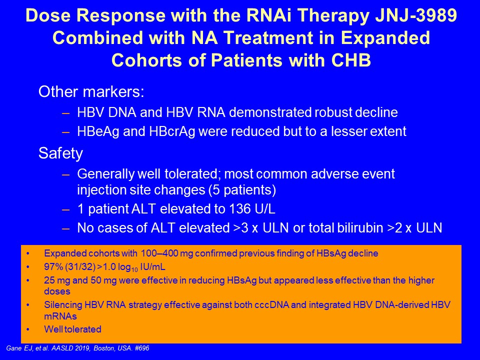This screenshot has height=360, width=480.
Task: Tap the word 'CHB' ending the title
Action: pyautogui.click(x=351, y=59)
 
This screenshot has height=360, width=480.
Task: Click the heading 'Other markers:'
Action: pyautogui.click(x=91, y=91)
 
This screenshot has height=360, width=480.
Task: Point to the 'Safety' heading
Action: pyautogui.click(x=60, y=153)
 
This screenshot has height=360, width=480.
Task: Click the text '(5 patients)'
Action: pyautogui.click(x=242, y=190)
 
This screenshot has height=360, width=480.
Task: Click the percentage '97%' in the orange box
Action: pyautogui.click(x=53, y=267)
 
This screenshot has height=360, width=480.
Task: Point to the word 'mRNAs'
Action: pyautogui.click(x=60, y=316)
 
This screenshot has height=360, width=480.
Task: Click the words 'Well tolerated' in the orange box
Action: pyautogui.click(x=72, y=329)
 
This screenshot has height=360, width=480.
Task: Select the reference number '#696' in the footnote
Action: pyautogui.click(x=141, y=348)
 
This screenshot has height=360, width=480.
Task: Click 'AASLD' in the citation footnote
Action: pyautogui.click(x=62, y=348)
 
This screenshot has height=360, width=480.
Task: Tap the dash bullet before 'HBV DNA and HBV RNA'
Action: pyautogui.click(x=66, y=113)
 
